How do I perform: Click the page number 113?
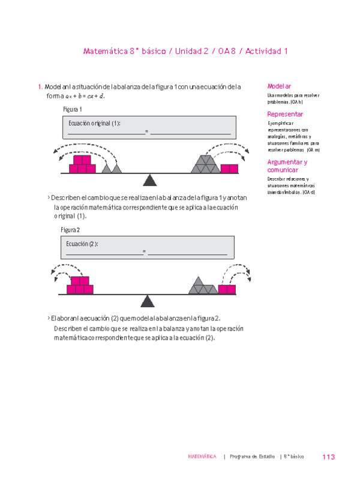click(328, 457)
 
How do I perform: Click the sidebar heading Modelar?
click(279, 86)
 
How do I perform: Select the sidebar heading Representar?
click(285, 114)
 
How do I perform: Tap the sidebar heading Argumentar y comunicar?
click(287, 166)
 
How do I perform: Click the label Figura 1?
click(72, 109)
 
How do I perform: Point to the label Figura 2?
click(70, 230)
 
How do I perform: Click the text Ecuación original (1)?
click(95, 123)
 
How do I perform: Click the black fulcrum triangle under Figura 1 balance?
click(150, 179)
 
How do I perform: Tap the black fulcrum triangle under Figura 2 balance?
click(146, 300)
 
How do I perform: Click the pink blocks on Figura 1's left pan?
click(82, 164)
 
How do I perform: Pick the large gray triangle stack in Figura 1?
click(206, 164)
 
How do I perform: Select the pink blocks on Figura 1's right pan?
click(229, 169)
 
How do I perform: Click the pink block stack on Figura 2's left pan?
click(80, 285)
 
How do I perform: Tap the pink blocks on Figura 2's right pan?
click(227, 289)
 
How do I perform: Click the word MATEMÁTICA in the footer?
click(202, 457)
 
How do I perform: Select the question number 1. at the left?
click(40, 87)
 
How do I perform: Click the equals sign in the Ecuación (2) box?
click(145, 251)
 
